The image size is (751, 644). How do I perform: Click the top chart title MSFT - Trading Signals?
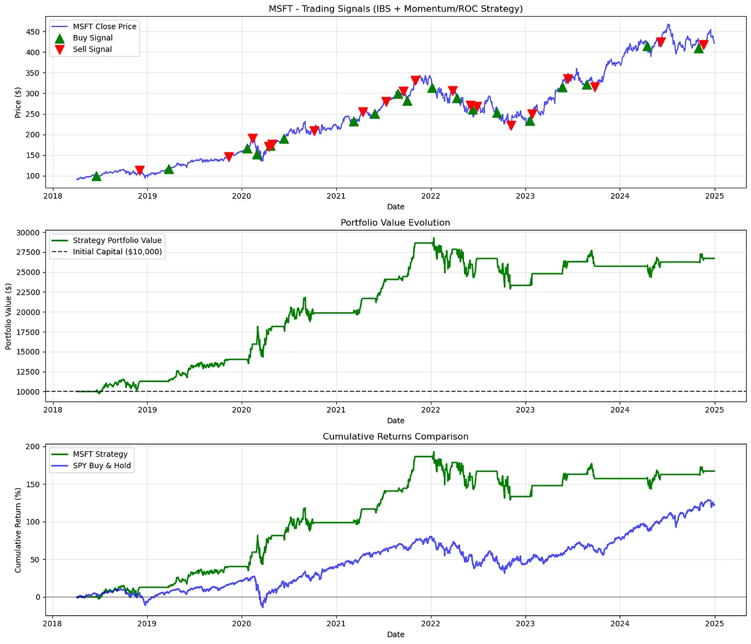(x=395, y=9)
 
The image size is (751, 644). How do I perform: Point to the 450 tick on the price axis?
(x=33, y=32)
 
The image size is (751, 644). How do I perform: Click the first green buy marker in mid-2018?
(x=96, y=176)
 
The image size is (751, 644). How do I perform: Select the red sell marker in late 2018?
(x=139, y=170)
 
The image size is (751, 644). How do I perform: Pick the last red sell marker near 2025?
(x=703, y=45)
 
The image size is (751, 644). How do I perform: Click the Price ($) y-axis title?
(x=18, y=102)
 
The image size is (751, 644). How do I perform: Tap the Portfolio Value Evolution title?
(x=395, y=223)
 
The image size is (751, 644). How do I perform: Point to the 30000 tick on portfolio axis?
(x=28, y=233)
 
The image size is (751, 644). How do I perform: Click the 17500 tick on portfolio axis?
(x=28, y=332)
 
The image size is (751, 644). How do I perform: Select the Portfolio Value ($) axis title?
(x=8, y=316)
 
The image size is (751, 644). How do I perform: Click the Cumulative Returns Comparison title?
(x=395, y=436)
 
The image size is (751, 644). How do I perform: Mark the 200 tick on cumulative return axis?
(x=33, y=446)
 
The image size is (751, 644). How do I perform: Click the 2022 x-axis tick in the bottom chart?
(x=430, y=624)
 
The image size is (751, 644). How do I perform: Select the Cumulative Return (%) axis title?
(x=18, y=530)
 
